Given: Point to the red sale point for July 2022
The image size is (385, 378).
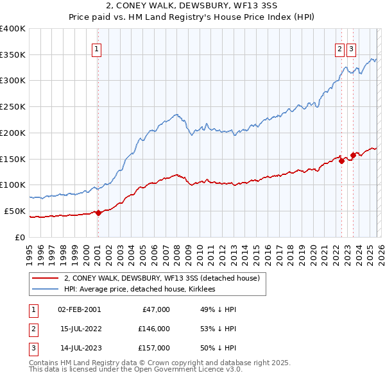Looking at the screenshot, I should [341, 161].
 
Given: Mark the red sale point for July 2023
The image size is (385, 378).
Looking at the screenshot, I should [353, 155].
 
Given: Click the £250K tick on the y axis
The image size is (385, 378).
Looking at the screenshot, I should [13, 106].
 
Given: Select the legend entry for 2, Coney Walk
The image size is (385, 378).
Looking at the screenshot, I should [161, 278].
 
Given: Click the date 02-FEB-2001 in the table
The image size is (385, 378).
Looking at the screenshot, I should [79, 309].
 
